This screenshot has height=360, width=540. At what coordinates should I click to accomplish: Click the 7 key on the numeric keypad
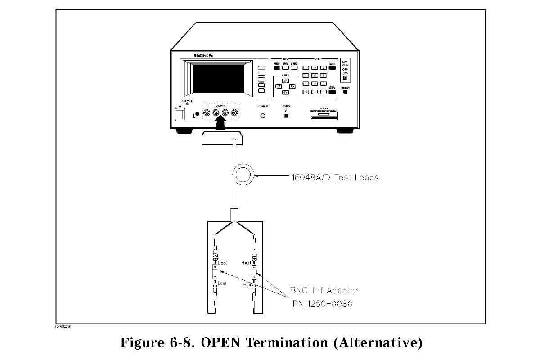pyautogui.click(x=306, y=67)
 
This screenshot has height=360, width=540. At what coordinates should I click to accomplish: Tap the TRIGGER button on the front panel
pyautogui.click(x=345, y=92)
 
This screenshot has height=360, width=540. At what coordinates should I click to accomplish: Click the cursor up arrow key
pyautogui.click(x=285, y=81)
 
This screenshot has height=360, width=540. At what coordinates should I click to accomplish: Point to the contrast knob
pyautogui.click(x=263, y=116)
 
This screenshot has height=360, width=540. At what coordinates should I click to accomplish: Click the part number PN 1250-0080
pyautogui.click(x=321, y=304)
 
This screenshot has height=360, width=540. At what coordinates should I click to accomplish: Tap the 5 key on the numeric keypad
pyautogui.click(x=315, y=76)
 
